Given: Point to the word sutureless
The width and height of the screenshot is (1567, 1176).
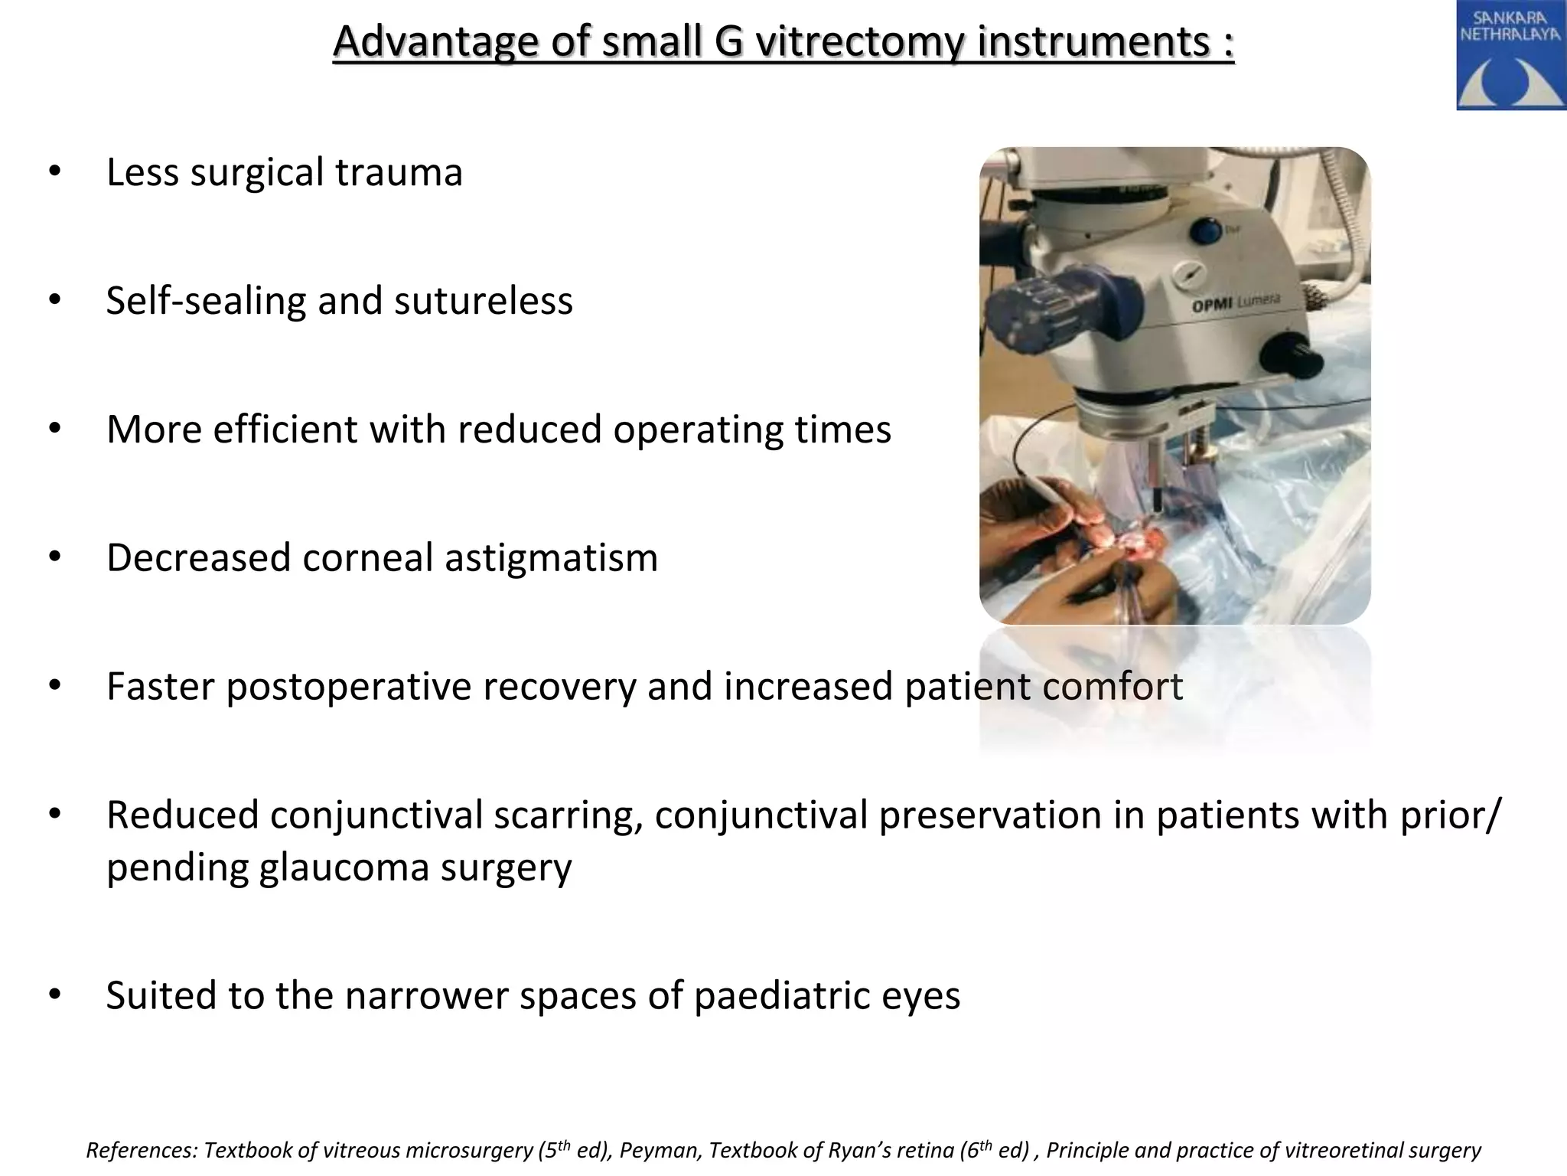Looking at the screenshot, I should point(484,300).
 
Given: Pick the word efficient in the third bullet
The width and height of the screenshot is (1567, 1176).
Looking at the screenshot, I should point(285,429).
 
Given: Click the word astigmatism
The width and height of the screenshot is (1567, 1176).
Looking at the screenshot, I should point(551,557).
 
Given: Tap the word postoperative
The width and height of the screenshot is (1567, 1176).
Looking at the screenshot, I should point(431,686).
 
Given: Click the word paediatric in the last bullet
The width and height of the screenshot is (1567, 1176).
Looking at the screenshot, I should point(773,995).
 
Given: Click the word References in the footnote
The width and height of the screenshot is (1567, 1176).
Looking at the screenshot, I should point(142,1151).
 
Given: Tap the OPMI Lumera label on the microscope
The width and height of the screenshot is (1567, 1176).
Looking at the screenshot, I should point(1235,304).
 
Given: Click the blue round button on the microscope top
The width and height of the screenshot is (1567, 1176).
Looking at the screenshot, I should point(1209,230).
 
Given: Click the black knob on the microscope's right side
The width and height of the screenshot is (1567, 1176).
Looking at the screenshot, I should point(1298,352).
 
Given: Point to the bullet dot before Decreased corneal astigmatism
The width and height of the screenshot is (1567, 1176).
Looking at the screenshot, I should point(54,557).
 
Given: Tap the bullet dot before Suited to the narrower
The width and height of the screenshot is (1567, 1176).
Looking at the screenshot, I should point(54,995).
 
